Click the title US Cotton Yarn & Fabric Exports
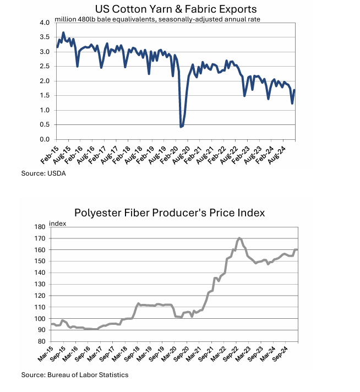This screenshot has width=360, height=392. (176, 9)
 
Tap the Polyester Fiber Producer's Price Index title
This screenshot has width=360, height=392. (170, 213)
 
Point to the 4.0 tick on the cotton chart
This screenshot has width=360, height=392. (45, 23)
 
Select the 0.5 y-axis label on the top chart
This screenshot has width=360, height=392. (45, 124)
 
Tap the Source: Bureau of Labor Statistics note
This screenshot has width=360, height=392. (75, 375)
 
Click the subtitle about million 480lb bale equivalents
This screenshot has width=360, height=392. (157, 19)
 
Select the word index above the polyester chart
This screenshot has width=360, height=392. (57, 223)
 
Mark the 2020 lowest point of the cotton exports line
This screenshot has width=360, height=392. (181, 127)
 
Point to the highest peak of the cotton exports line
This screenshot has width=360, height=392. (63, 32)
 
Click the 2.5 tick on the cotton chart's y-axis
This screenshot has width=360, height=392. (45, 66)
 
